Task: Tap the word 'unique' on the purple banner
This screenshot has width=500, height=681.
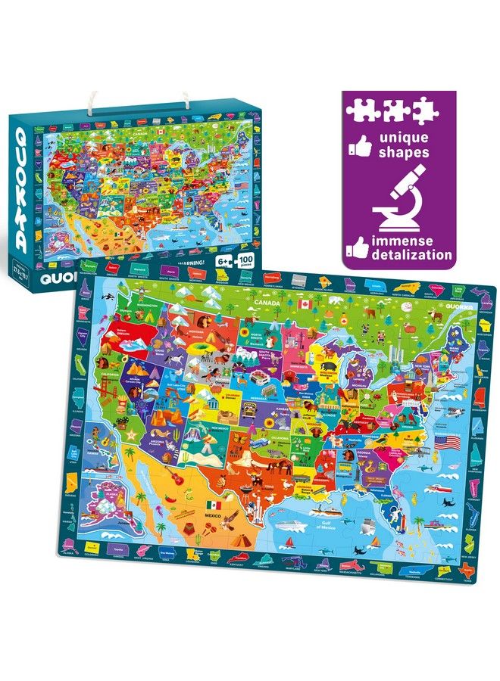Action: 404,138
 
